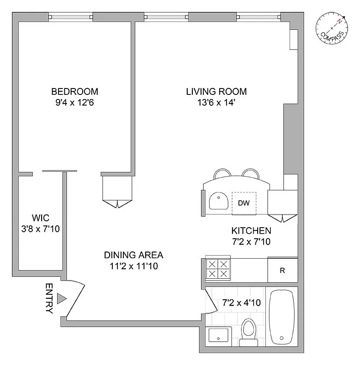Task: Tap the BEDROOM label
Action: [x=74, y=91]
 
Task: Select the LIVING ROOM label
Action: [x=216, y=91]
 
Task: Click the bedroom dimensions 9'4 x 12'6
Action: [x=74, y=102]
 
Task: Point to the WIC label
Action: [x=40, y=217]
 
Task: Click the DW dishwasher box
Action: [x=244, y=203]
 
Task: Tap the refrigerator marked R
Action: [x=282, y=270]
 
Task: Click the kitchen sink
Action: [x=219, y=201]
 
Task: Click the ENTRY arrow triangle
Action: [x=62, y=299]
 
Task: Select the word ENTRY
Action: [x=49, y=298]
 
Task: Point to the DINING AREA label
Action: [x=133, y=255]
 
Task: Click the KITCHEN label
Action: [x=251, y=231]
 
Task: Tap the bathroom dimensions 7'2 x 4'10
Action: [x=241, y=302]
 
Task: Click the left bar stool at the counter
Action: [x=222, y=173]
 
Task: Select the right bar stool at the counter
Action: [x=250, y=173]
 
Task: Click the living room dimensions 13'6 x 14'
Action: [x=216, y=102]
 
